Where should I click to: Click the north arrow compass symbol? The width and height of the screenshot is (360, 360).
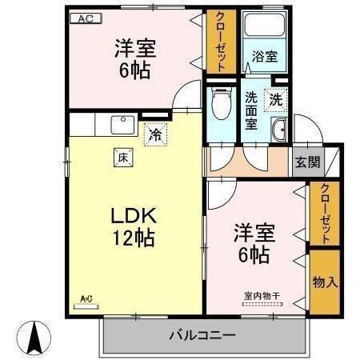click(35, 337)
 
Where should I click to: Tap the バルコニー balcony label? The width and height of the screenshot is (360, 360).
click(202, 334)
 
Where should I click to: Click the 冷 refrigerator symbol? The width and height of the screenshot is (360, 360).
click(154, 134)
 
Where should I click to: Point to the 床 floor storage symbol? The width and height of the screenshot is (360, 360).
click(125, 157)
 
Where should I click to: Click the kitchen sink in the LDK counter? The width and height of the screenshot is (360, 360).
click(124, 125)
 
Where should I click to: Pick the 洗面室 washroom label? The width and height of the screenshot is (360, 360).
click(250, 111)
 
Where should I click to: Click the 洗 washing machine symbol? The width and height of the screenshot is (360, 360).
click(275, 101)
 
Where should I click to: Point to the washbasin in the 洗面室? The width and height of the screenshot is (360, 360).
click(279, 131)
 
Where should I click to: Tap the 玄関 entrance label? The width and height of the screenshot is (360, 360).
click(308, 162)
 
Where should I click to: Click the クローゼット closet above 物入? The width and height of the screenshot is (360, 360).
click(324, 213)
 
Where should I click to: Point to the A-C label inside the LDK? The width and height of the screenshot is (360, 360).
click(86, 299)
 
